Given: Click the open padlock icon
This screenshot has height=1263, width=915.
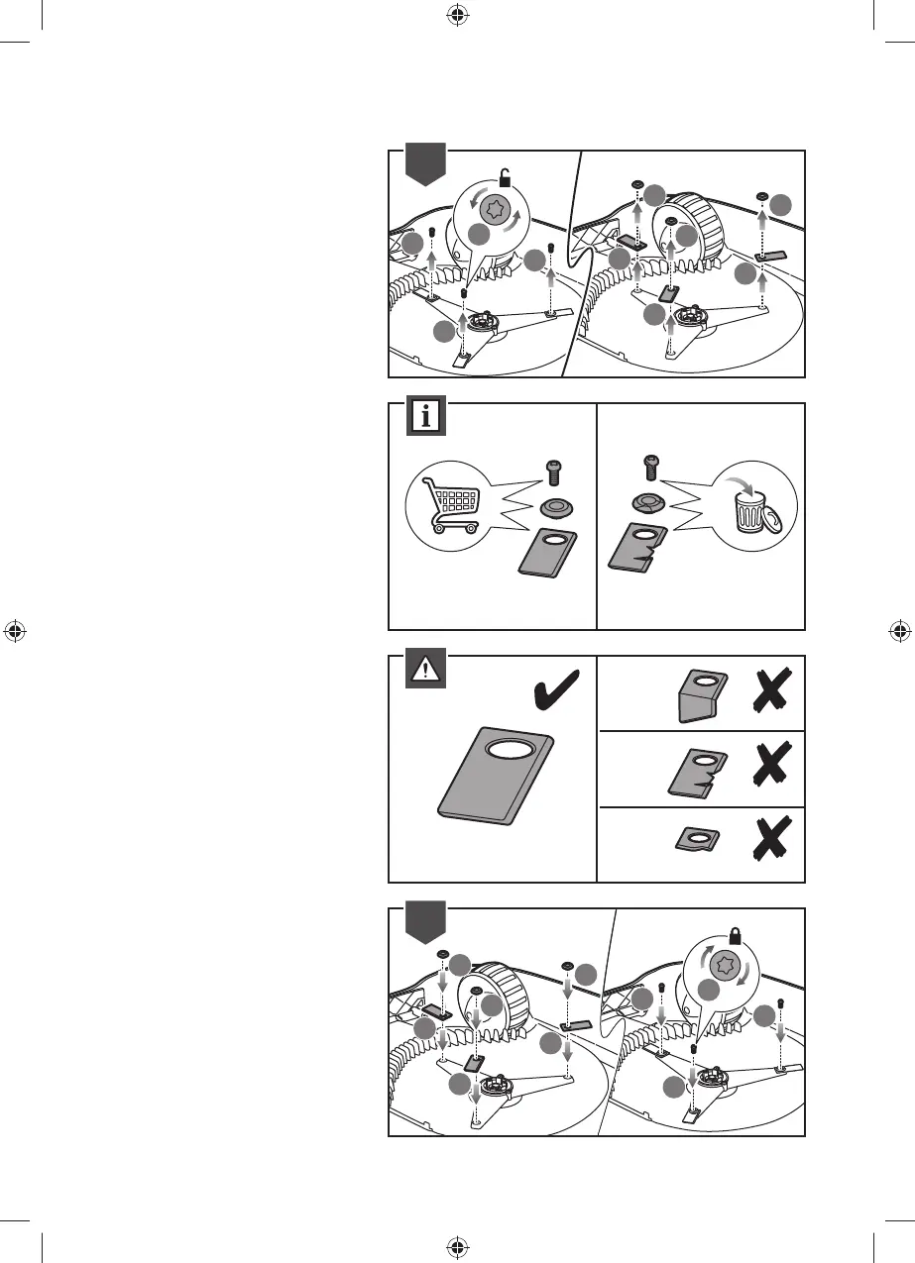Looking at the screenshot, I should coord(505,179).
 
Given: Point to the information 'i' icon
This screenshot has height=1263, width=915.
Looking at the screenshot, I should coord(426,416).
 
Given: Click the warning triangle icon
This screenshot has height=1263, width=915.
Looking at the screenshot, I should coord(426,670).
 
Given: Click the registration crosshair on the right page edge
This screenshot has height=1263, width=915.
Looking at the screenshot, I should coord(900,631).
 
